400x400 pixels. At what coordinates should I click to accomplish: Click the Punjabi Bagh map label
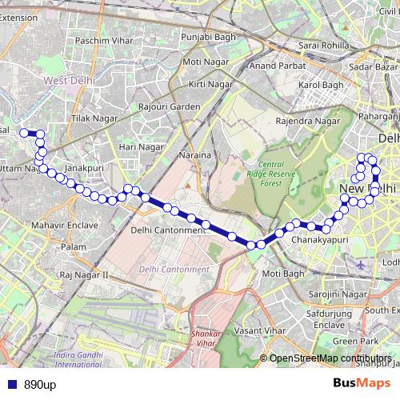pyautogui.click(x=205, y=37)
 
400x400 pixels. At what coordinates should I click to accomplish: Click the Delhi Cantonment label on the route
pyautogui.click(x=168, y=230)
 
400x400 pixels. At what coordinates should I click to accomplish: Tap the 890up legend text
pyautogui.click(x=39, y=385)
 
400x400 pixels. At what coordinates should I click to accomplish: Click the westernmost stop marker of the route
pyautogui.click(x=24, y=133)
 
